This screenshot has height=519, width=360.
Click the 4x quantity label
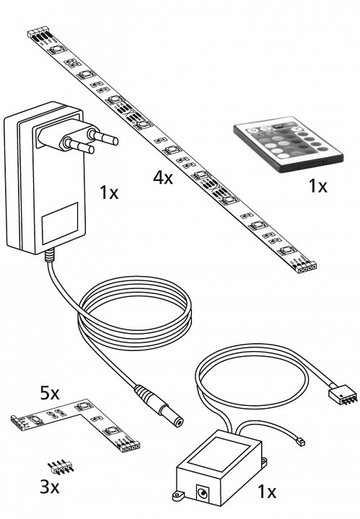(x=162, y=178)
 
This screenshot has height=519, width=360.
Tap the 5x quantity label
(x=50, y=394)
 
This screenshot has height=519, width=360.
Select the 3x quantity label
(x=50, y=487)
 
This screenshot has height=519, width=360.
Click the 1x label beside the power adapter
(x=109, y=193)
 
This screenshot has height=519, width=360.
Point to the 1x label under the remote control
(x=317, y=186)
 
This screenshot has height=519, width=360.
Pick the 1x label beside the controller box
(x=267, y=492)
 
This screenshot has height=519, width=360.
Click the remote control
(x=288, y=144)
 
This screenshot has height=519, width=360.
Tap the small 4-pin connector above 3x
(x=61, y=466)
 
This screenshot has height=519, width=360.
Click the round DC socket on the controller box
(x=202, y=493)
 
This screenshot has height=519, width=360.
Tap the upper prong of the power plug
(x=102, y=136)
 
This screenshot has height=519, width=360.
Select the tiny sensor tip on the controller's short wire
(x=299, y=441)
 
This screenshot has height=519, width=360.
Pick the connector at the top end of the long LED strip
(x=39, y=35)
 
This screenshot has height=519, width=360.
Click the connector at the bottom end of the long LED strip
(x=307, y=267)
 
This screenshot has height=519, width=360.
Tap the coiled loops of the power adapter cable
(x=134, y=313)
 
